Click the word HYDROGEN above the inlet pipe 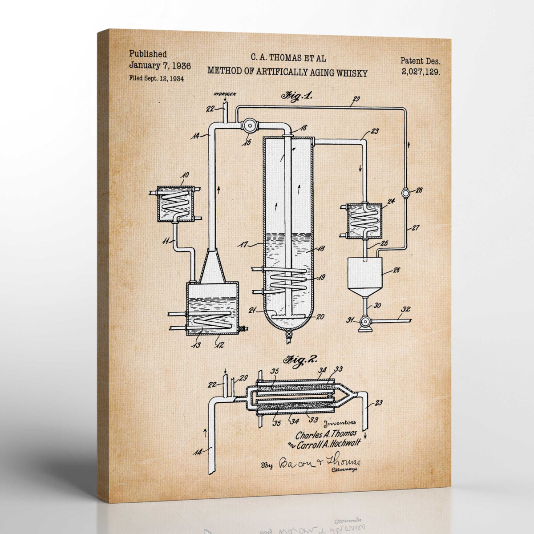pos(224,95)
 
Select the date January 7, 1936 pos(160,66)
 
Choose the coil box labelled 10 pos(174,203)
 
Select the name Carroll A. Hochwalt pos(332,443)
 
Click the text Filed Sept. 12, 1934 pos(157,78)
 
